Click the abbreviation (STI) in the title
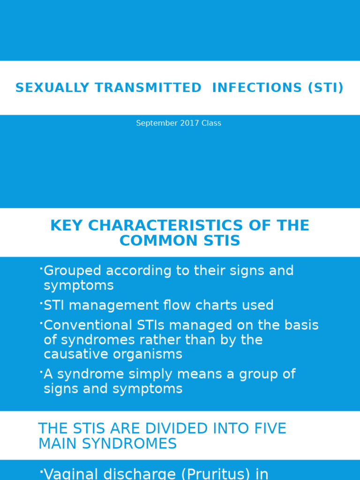tap(325, 88)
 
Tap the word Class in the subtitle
tap(211, 123)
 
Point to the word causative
tap(75, 354)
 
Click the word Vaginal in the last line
tap(70, 474)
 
